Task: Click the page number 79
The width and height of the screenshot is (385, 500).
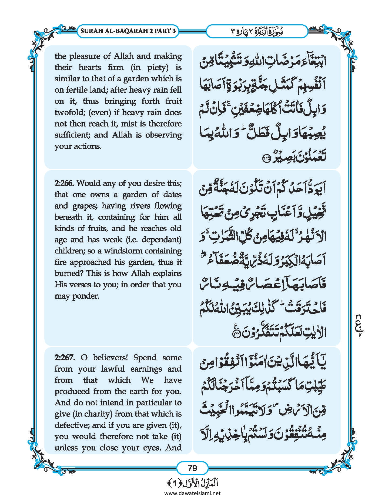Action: [192, 468]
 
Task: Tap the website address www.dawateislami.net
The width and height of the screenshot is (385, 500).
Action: [192, 493]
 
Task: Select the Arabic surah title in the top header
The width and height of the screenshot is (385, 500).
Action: [257, 31]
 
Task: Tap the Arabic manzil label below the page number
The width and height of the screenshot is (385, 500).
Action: [192, 483]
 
